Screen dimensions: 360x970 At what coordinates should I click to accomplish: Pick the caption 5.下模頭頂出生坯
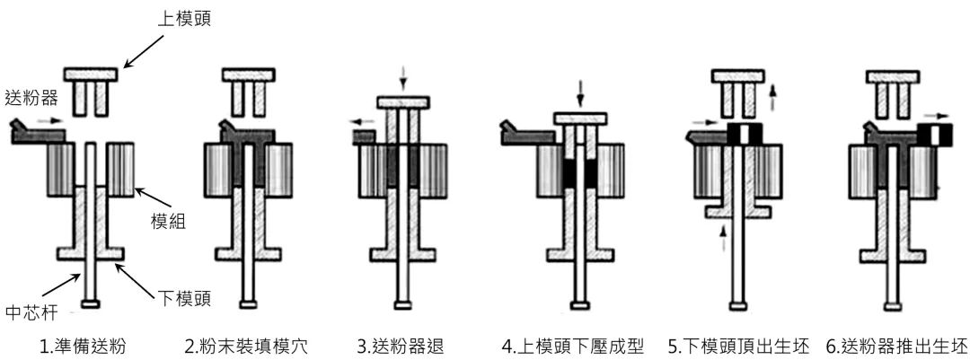pyautogui.click(x=736, y=346)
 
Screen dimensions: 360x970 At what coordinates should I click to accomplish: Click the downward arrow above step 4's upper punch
pyautogui.click(x=580, y=92)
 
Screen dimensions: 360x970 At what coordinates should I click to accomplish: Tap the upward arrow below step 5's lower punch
pyautogui.click(x=721, y=238)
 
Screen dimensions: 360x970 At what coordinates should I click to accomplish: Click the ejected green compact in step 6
pyautogui.click(x=933, y=135)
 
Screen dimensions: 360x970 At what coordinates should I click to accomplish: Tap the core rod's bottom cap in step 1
pyautogui.click(x=90, y=304)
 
